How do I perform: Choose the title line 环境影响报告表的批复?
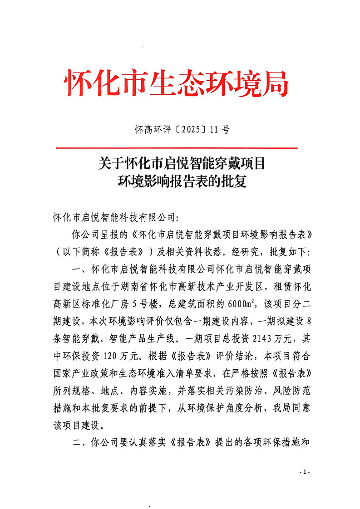[182, 181]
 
